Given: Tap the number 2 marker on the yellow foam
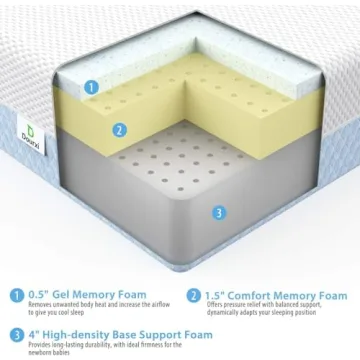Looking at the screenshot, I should [119, 128].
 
